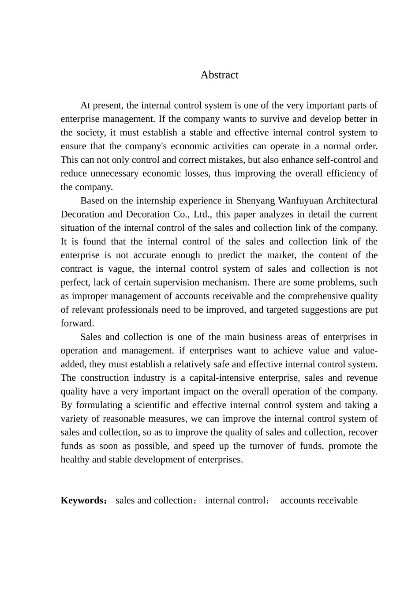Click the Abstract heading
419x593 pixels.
[x=219, y=75]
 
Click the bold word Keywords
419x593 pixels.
[x=82, y=500]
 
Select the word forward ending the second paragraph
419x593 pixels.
[x=77, y=324]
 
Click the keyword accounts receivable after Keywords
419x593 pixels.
[x=319, y=500]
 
